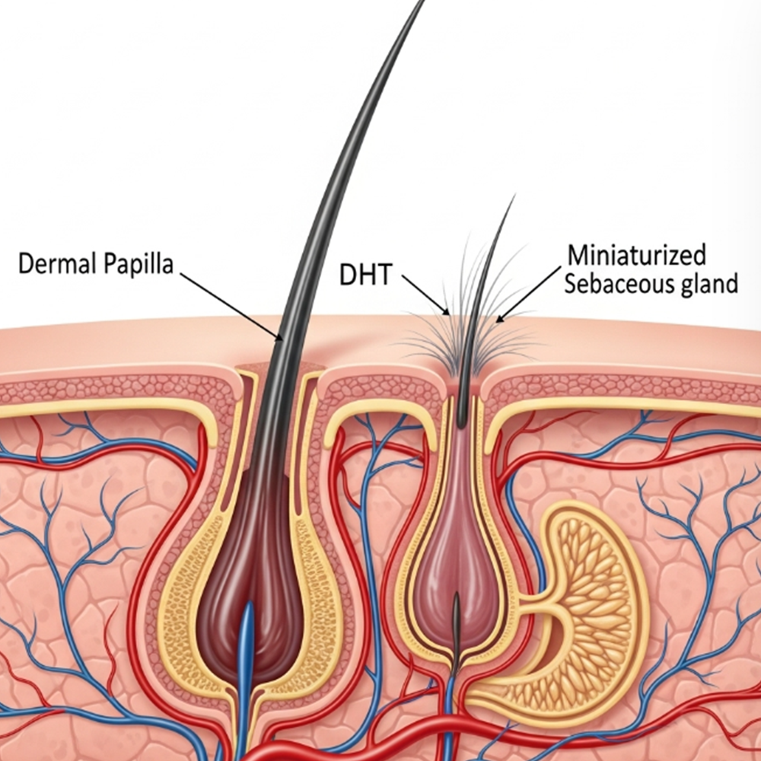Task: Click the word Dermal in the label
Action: (51, 266)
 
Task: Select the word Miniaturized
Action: (636, 255)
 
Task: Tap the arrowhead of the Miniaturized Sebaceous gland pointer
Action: (498, 319)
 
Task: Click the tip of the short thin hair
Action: (514, 197)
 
